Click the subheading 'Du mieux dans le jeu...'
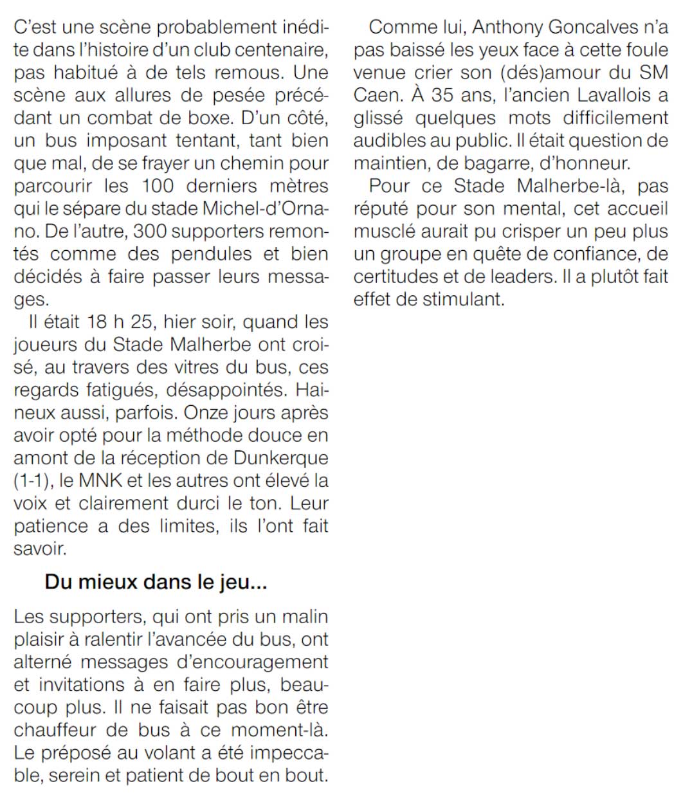[x=156, y=583]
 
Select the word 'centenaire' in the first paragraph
[x=278, y=50]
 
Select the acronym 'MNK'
[x=99, y=480]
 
